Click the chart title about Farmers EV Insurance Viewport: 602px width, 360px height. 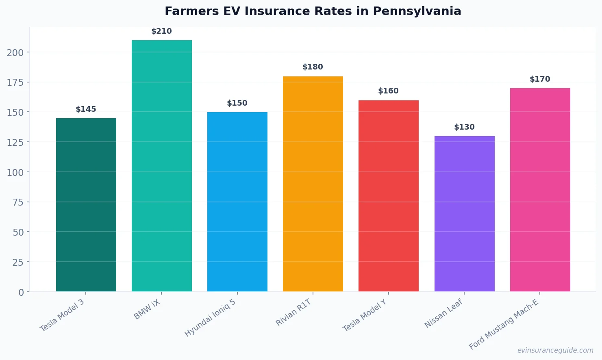313,11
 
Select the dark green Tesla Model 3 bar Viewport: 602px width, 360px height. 86,205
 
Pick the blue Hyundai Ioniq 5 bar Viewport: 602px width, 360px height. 237,202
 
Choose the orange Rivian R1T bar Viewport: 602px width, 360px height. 313,184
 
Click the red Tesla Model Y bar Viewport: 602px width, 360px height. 389,196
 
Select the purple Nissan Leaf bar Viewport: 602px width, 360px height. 464,214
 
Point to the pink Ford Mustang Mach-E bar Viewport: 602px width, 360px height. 540,190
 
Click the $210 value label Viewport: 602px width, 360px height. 162,31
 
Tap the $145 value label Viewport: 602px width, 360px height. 86,109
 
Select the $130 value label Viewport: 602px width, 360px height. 464,127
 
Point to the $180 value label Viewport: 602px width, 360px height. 313,67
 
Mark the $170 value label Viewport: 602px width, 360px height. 540,79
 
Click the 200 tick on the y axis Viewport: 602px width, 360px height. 15,52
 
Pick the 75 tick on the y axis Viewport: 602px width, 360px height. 18,202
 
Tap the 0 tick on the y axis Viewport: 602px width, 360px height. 21,292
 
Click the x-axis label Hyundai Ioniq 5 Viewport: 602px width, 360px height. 210,318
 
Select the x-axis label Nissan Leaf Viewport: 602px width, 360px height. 443,313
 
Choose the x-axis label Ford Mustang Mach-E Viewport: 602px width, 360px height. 504,324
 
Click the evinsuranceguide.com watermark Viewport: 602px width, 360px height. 555,350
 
